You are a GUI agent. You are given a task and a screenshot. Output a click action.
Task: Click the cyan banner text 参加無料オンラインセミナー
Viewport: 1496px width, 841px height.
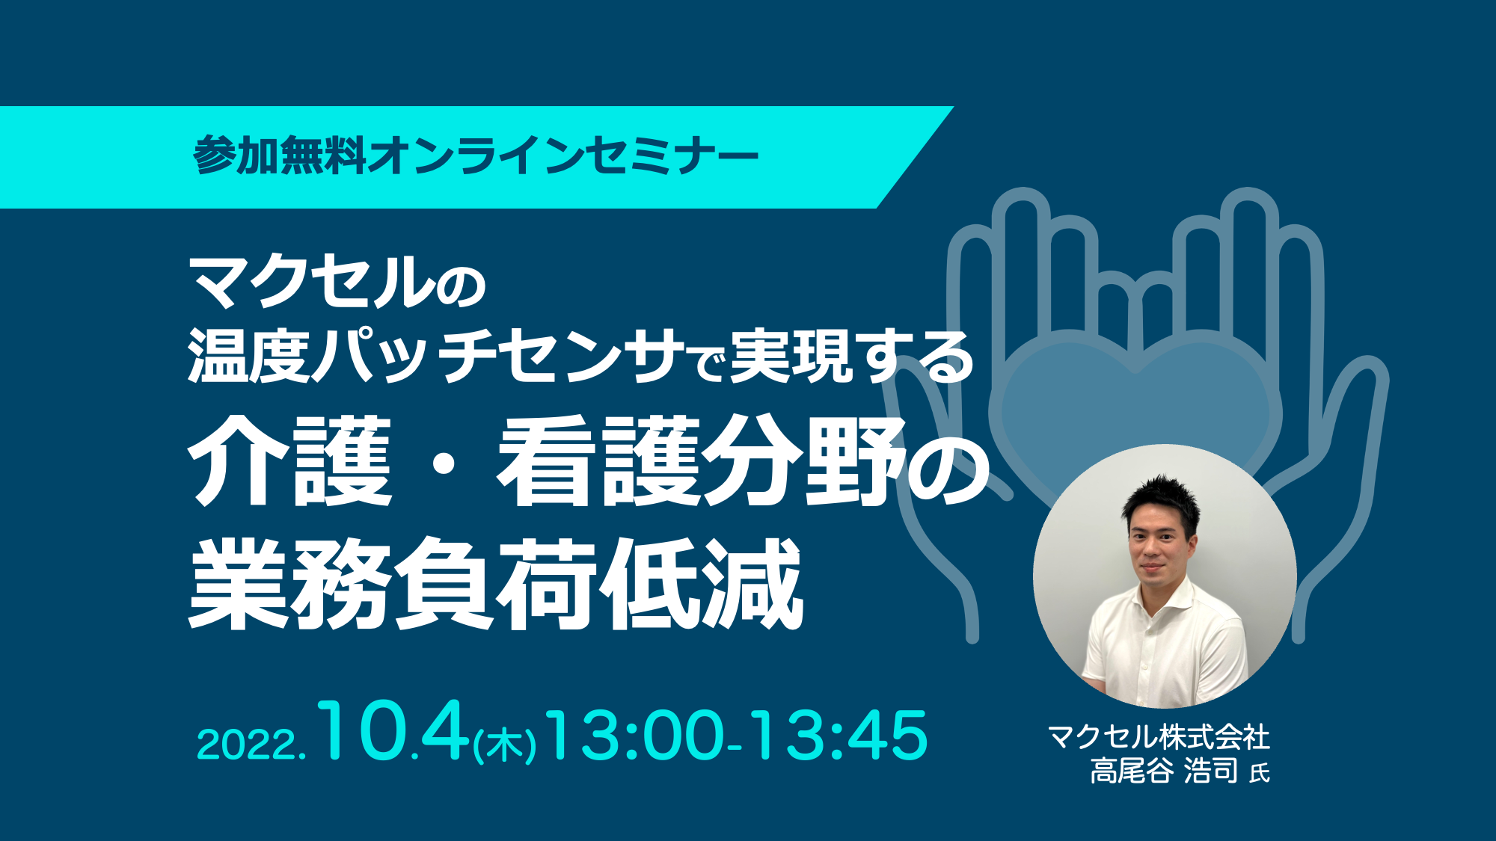(476, 156)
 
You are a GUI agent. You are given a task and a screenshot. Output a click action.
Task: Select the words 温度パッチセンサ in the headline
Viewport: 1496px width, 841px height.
(436, 356)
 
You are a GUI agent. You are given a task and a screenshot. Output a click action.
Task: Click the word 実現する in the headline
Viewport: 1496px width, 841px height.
(851, 356)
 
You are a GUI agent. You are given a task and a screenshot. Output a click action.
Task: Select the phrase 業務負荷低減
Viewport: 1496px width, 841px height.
(495, 584)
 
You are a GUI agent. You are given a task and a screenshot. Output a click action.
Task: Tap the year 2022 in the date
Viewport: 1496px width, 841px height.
(248, 745)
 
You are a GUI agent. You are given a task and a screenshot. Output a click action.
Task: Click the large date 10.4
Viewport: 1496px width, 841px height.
(392, 732)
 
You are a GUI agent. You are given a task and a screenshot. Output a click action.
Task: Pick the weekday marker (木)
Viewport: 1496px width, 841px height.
(504, 745)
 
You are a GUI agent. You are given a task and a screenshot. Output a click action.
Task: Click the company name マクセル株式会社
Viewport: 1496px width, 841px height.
(1159, 737)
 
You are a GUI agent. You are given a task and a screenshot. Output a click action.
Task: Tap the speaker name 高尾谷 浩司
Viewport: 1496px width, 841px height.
(1164, 771)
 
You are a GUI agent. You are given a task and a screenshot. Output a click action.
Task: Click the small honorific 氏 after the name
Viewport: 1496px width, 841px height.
(1260, 773)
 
